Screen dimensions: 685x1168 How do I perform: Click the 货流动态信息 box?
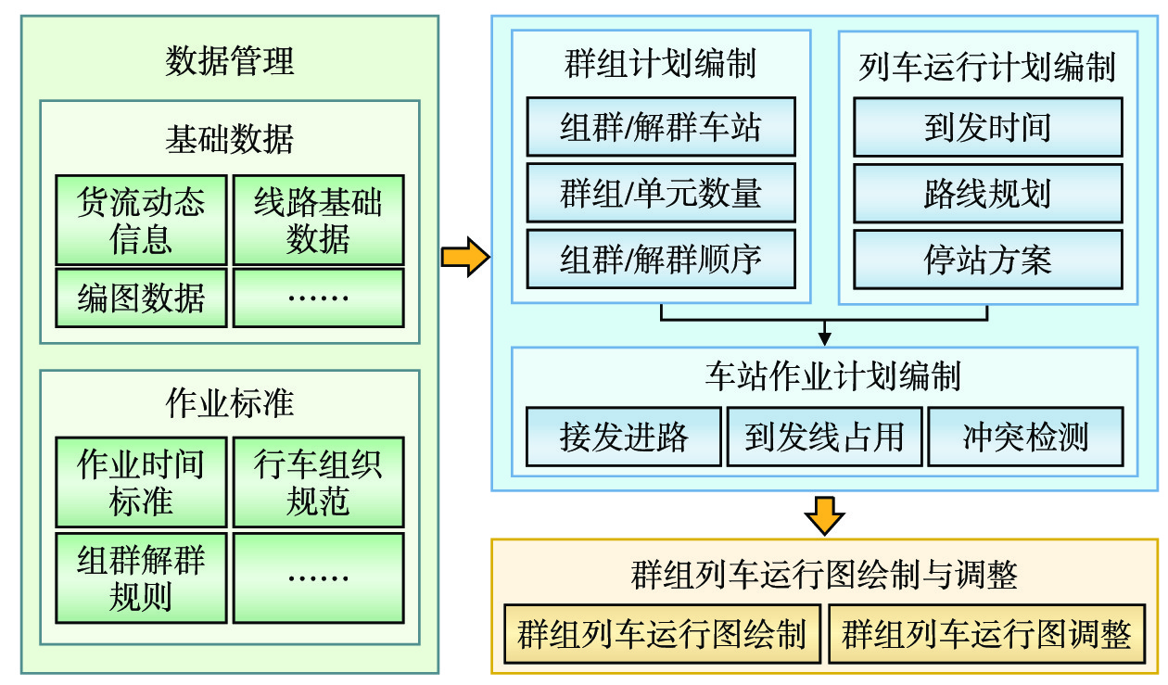coord(141,220)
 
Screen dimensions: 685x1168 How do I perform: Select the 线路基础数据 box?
coord(318,220)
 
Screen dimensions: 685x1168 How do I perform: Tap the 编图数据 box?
coord(141,298)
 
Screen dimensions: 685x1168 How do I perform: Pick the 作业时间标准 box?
coord(141,482)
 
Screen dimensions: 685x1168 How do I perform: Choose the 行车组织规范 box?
coord(318,482)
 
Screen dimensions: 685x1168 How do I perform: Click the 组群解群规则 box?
coord(141,577)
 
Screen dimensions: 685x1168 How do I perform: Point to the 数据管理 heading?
coord(229,61)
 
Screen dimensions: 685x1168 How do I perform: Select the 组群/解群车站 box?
coord(661,127)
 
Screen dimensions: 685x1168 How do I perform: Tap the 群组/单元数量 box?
coord(661,193)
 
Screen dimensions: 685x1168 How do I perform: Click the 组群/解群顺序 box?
coord(661,259)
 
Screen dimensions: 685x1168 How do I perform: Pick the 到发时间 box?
coord(987,127)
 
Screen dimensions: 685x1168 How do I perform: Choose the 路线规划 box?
coord(987,193)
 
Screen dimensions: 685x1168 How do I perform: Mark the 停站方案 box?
coord(987,259)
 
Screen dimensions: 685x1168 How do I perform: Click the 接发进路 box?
coord(624,436)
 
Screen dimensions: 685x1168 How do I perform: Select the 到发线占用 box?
coord(824,436)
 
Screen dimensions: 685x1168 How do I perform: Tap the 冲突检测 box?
coord(1025,436)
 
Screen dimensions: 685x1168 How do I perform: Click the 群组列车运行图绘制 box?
coord(662,635)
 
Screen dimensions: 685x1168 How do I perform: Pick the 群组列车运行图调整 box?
coord(987,635)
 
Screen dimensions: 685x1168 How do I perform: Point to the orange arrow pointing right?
coord(464,257)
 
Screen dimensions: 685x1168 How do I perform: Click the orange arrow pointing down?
coord(823,514)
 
